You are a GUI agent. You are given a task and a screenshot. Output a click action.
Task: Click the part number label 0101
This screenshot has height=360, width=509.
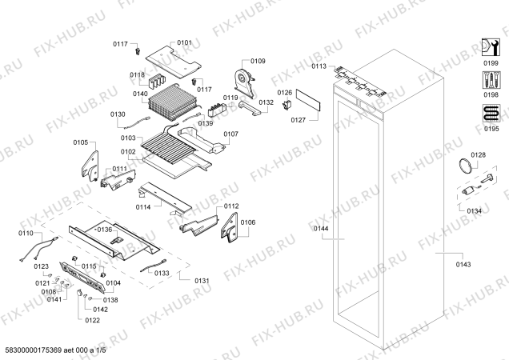tap(184, 42)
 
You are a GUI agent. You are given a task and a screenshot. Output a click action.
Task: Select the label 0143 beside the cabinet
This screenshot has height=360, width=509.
tap(463, 265)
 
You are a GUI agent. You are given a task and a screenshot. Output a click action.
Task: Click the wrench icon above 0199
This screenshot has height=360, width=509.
tap(490, 48)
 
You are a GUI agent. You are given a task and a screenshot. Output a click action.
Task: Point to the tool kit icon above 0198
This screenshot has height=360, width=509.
tap(491, 80)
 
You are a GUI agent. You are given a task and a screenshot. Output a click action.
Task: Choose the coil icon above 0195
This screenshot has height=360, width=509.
tap(491, 114)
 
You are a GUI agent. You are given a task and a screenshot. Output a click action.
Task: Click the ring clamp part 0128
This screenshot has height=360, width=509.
tap(465, 166)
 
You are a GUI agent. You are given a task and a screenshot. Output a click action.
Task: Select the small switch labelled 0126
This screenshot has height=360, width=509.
tap(287, 104)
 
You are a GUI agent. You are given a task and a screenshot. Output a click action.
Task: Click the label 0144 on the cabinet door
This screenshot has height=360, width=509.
tap(321, 229)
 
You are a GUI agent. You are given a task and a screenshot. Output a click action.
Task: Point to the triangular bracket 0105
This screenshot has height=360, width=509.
tap(90, 166)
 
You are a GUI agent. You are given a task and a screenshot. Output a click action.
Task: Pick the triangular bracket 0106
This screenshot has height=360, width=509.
tap(230, 227)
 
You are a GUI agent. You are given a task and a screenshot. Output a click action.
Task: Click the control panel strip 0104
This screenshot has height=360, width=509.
tap(82, 278)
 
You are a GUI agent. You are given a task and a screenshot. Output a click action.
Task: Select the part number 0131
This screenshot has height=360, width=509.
tap(202, 281)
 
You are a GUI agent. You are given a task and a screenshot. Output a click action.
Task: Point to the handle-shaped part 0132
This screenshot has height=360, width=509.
tap(250, 108)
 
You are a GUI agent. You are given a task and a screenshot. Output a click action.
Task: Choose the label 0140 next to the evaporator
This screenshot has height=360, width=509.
tap(140, 94)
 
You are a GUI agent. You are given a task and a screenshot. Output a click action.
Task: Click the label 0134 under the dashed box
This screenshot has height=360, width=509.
tap(475, 211)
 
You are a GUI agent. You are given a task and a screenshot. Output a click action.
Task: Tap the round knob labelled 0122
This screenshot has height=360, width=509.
tap(79, 293)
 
